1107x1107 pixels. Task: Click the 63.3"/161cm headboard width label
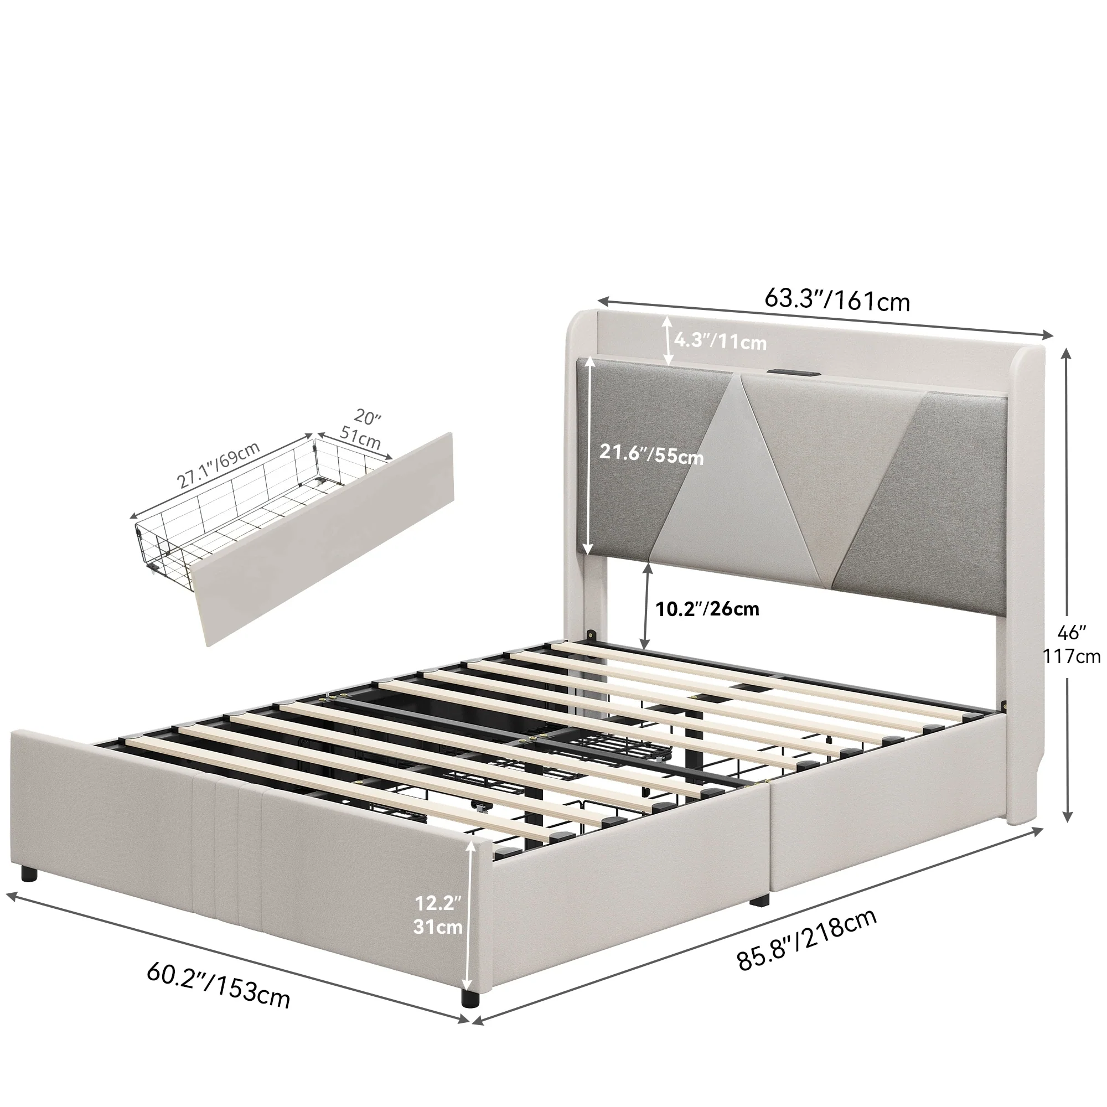[836, 299]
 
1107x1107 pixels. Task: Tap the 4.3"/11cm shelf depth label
[720, 342]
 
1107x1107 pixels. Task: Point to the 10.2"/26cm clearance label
[707, 608]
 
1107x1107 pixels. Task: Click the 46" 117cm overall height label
[1072, 644]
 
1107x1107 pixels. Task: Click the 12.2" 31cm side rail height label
[438, 914]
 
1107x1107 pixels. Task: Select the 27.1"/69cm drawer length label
[218, 465]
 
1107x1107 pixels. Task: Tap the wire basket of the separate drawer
[252, 504]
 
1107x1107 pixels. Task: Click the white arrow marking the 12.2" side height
[470, 917]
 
